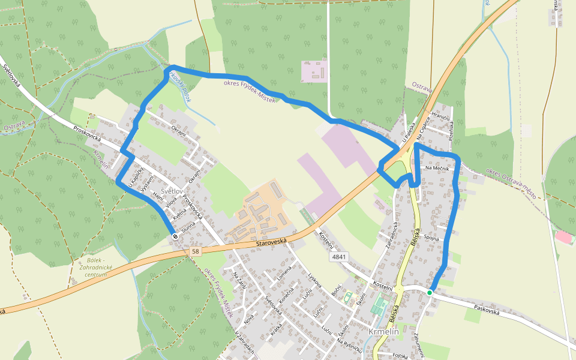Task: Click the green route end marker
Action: pyautogui.click(x=430, y=292)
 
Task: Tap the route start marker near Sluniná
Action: pyautogui.click(x=175, y=236)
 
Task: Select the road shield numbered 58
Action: pyautogui.click(x=195, y=251)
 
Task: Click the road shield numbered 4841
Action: pyautogui.click(x=338, y=257)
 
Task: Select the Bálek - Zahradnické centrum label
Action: pyautogui.click(x=91, y=267)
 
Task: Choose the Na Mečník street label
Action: pyautogui.click(x=437, y=169)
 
